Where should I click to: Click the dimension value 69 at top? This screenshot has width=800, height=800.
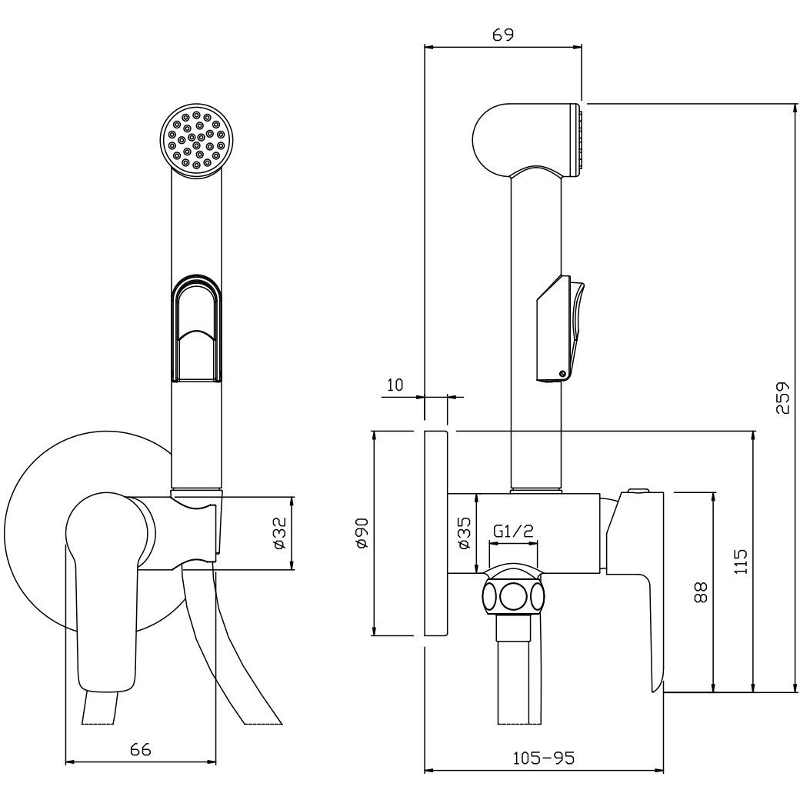pos(503,35)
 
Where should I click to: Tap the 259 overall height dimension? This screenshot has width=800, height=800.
pos(782,398)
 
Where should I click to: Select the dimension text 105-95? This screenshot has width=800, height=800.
pos(543,758)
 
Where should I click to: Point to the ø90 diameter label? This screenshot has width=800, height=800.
pos(362,532)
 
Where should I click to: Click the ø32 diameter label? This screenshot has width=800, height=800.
pos(279,532)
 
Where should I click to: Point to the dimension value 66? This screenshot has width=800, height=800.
pos(140,749)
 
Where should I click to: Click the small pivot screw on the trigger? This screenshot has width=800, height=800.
pos(563,374)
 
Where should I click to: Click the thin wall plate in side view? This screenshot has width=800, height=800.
pos(436,533)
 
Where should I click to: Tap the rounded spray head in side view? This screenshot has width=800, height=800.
pos(528,140)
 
